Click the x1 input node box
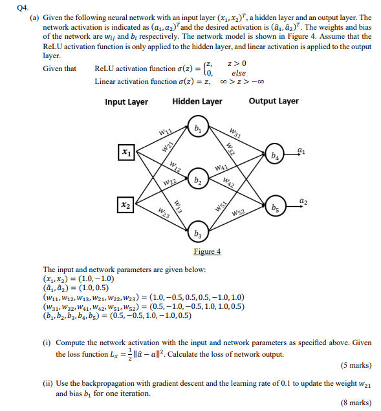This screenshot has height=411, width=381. point(125,153)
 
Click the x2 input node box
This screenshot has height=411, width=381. point(125,204)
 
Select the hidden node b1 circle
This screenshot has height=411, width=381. point(197,127)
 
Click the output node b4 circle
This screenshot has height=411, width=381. point(276,156)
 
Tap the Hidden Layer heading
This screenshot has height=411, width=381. point(197,101)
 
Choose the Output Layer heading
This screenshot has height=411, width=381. point(274,101)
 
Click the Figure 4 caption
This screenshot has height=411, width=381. point(207,251)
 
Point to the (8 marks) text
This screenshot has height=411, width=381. point(355,403)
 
